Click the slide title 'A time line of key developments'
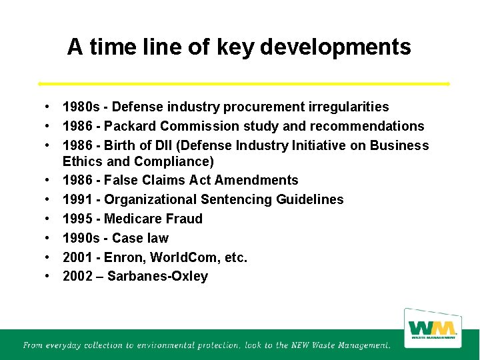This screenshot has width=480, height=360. (x=239, y=47)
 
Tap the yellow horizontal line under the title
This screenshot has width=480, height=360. (x=244, y=83)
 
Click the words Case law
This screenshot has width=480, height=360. (x=140, y=238)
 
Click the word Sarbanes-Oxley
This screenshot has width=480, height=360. (x=157, y=276)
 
